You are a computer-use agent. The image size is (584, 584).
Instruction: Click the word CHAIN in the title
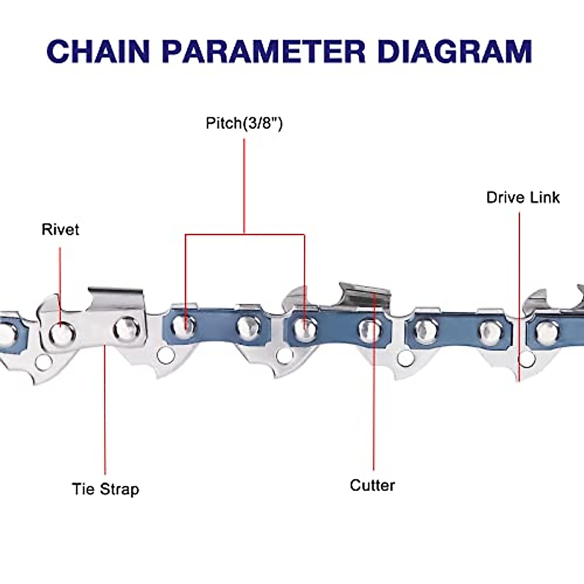97,52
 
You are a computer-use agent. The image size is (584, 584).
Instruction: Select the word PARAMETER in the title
263,52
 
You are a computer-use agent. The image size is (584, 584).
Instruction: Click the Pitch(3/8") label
244,123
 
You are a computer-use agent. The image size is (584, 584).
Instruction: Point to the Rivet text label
60,229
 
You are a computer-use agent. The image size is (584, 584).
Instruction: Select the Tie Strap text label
106,489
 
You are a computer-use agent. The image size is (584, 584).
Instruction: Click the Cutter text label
372,485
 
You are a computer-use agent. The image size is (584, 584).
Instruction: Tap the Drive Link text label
523,197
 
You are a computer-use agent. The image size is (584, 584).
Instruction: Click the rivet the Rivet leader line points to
62,333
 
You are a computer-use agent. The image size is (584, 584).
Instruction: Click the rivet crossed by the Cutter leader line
371,330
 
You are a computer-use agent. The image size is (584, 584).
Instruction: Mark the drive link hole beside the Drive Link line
526,359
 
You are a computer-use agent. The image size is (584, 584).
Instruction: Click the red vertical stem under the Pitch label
244,185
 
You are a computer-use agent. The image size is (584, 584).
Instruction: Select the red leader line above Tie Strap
105,409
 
